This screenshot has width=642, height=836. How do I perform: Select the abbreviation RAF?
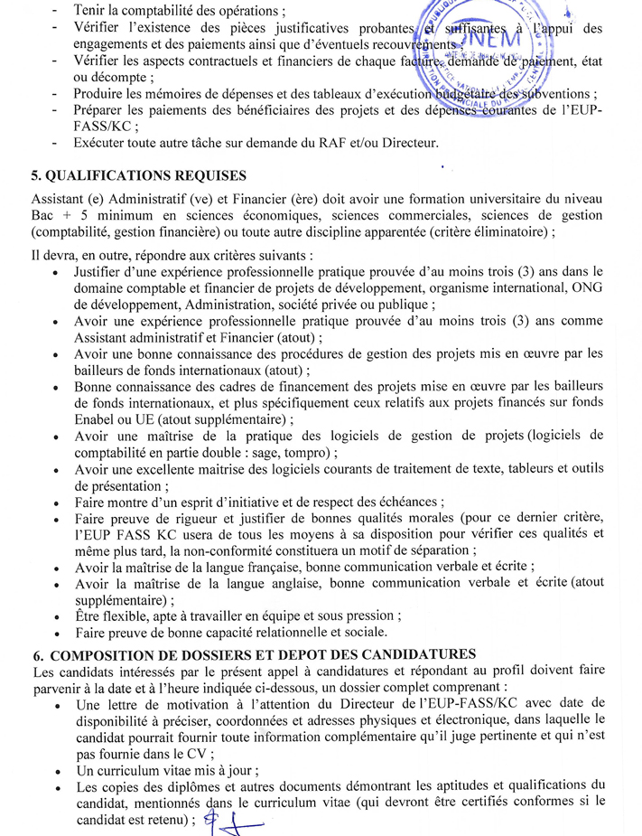coord(357,144)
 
